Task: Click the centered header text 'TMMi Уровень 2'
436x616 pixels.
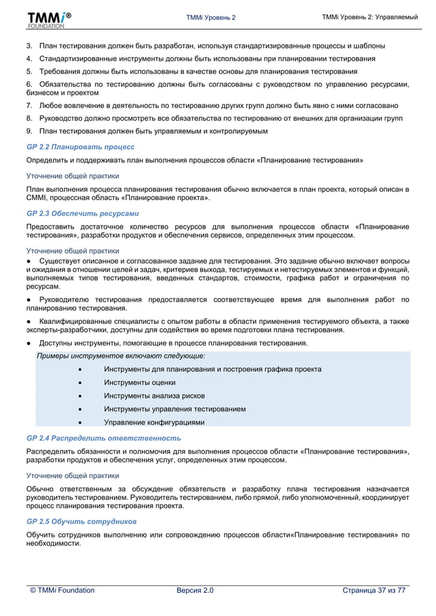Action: click(x=210, y=17)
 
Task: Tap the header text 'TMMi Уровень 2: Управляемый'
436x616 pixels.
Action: click(x=370, y=16)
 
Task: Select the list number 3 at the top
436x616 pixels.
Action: click(x=29, y=46)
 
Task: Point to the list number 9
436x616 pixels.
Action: click(x=29, y=131)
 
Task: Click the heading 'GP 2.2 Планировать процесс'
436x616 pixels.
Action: click(x=80, y=147)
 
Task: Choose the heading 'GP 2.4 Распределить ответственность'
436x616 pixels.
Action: click(x=103, y=438)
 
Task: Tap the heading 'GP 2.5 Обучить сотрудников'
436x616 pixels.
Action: click(x=81, y=521)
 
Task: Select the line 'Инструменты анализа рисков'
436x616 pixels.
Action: click(x=154, y=395)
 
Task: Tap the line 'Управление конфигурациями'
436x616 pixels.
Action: click(x=154, y=422)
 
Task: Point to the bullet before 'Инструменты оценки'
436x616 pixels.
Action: click(x=81, y=382)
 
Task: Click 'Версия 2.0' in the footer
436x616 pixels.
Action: click(x=195, y=590)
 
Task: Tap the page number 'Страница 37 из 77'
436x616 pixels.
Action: click(x=374, y=590)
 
